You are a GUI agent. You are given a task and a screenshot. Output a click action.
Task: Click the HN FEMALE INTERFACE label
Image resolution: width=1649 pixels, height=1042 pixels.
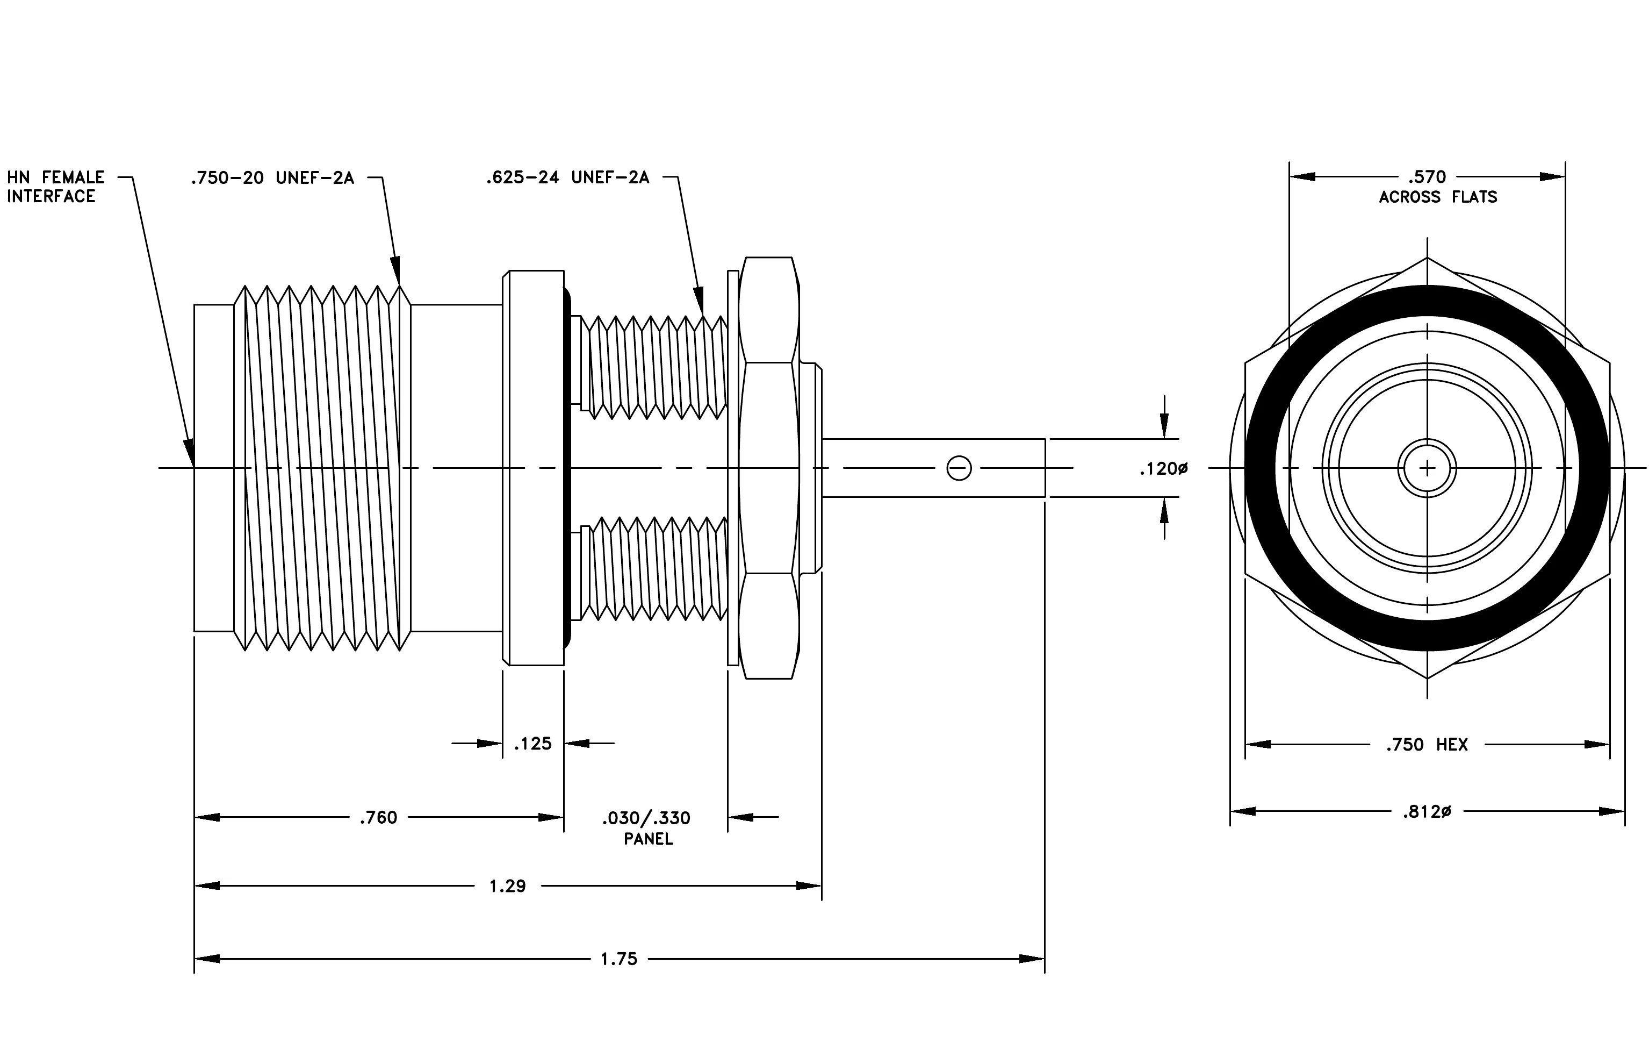point(55,187)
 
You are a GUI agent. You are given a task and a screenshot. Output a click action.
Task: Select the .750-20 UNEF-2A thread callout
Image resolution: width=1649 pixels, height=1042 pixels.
point(272,178)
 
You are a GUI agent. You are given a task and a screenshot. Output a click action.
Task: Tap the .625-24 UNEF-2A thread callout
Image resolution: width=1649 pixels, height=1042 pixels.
point(568,178)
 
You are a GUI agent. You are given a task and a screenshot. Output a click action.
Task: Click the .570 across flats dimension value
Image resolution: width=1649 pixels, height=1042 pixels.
point(1427,177)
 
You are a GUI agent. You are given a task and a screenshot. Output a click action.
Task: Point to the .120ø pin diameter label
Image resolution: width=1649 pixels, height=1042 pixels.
point(1163,469)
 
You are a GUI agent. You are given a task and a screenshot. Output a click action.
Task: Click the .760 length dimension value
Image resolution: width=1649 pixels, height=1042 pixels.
point(379,817)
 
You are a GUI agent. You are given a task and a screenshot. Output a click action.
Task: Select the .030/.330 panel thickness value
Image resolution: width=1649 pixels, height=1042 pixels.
point(646,818)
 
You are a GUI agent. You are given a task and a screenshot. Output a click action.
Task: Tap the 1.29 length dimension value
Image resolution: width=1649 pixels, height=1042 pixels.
point(507,886)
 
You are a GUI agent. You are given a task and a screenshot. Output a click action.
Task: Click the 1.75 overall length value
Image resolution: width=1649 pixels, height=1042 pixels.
point(619,959)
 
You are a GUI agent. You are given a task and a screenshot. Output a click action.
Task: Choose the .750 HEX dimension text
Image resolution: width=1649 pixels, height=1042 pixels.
point(1427,745)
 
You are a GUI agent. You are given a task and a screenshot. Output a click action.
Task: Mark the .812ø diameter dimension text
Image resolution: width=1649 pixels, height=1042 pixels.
point(1427,812)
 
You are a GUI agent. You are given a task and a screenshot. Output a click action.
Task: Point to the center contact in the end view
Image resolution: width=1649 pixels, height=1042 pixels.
point(1427,469)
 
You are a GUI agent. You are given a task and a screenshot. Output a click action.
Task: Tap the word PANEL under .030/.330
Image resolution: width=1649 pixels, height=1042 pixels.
point(649,839)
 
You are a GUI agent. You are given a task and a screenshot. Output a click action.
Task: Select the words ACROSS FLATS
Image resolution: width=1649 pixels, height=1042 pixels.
point(1438,197)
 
